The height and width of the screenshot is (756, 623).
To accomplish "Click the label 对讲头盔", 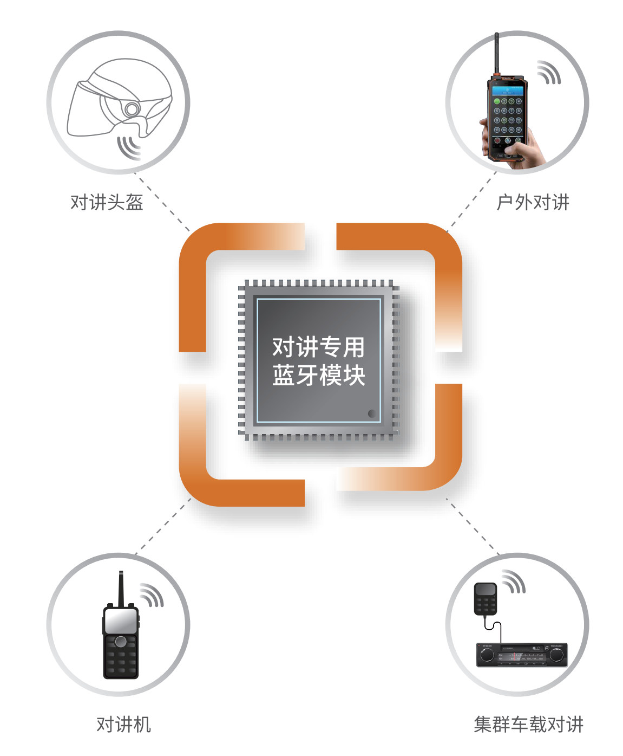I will [107, 202].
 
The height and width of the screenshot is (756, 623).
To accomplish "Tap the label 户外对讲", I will [533, 202].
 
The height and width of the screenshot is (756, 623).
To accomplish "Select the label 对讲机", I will [123, 724].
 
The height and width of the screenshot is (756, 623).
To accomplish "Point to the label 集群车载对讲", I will [528, 724].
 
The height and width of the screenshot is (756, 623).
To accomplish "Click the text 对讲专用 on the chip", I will [318, 347].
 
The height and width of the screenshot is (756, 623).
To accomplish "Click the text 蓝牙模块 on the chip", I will [318, 376].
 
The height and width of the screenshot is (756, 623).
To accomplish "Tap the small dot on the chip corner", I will [372, 413].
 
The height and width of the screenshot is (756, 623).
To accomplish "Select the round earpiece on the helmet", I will [131, 109].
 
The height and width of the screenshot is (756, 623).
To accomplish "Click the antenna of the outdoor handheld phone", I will [496, 54].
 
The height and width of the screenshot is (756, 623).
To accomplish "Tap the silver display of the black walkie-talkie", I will [120, 621].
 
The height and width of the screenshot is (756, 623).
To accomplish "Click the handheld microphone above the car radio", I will [486, 598].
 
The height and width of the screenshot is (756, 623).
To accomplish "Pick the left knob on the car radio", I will [487, 655].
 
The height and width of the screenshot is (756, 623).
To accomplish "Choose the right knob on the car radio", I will [556, 655].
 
